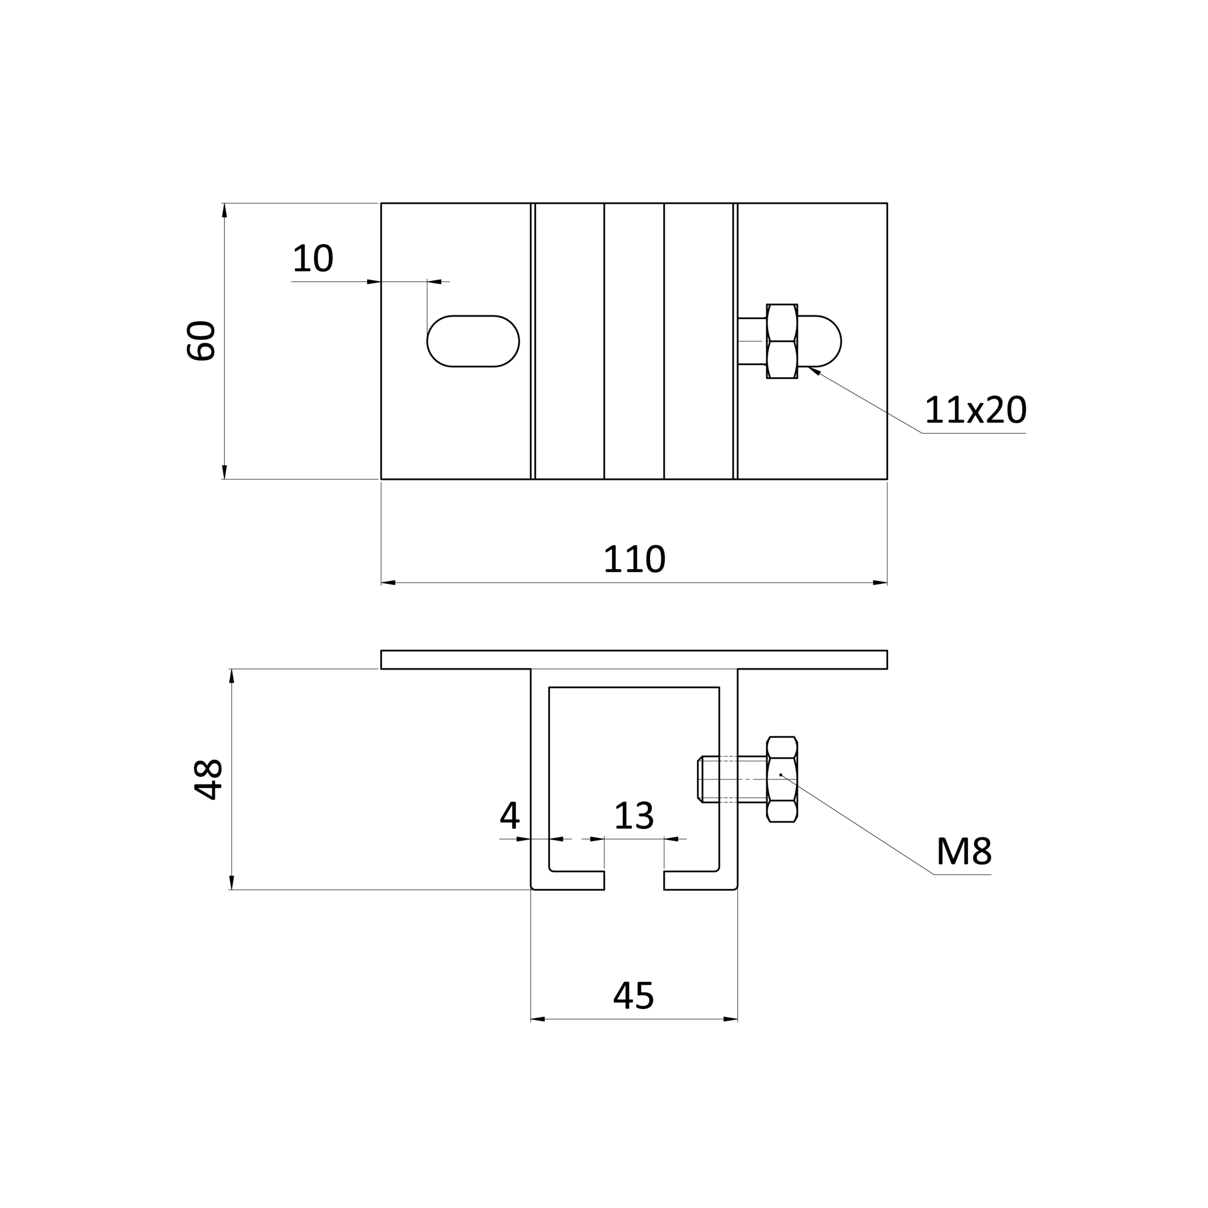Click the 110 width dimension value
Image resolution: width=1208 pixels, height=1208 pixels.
coord(634,560)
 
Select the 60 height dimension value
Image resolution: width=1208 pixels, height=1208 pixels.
coord(201,341)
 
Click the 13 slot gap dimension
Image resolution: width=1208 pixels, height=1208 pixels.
coord(634,816)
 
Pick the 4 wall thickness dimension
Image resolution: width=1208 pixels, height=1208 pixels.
coord(510,816)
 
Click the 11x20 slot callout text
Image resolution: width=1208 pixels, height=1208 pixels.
coord(975,410)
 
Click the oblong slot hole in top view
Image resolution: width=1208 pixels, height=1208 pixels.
coord(473,341)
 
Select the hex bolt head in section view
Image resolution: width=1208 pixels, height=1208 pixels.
coord(781,780)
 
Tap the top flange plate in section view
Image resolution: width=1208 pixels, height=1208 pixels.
coord(634,660)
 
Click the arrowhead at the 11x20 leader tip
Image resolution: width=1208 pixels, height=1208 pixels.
coord(814,371)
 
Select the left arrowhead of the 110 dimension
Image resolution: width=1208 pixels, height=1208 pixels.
coord(388,583)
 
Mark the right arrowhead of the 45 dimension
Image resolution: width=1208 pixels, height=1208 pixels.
coord(730,1019)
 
